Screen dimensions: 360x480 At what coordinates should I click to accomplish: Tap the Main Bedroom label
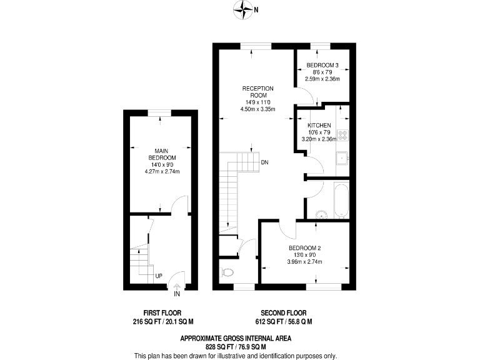[160, 154]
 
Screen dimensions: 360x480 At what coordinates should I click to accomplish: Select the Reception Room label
[258, 92]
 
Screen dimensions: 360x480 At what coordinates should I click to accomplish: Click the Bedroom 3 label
[322, 66]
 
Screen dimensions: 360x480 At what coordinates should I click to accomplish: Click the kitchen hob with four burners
[342, 136]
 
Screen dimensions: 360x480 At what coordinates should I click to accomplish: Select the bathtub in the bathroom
[341, 199]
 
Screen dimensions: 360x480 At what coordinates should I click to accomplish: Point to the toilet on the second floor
[227, 272]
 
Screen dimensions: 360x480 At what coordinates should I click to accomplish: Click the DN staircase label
[265, 163]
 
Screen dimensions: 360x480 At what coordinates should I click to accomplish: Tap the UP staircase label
[159, 276]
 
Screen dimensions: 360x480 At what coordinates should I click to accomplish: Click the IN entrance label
[177, 294]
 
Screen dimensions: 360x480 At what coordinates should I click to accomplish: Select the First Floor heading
[159, 312]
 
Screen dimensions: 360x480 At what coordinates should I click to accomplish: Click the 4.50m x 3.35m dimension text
[258, 109]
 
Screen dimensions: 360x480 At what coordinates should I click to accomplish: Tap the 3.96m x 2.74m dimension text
[304, 262]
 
